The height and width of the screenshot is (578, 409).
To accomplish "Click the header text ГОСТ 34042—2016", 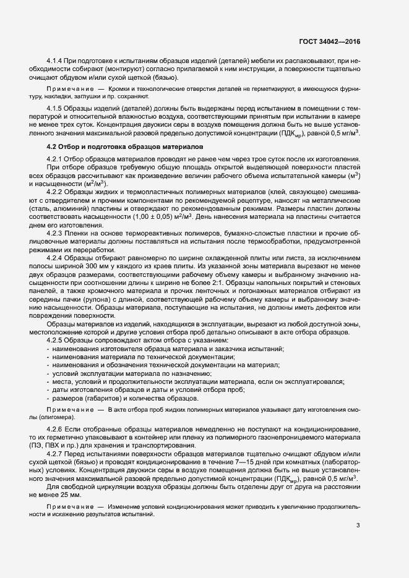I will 329,41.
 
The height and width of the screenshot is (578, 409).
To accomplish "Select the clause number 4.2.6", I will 56,428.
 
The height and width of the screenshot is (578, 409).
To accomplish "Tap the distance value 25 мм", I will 72,493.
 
